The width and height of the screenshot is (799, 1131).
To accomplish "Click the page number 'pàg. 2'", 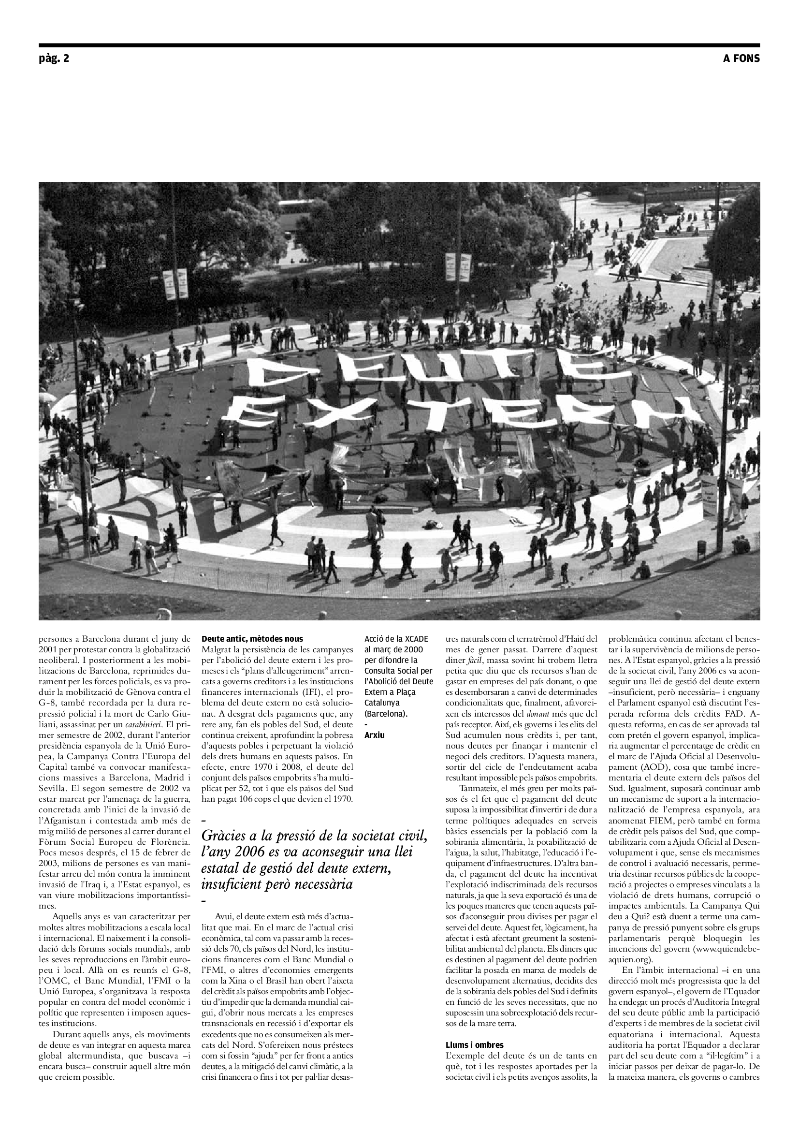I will click(54, 59).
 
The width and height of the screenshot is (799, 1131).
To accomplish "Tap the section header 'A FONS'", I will click(741, 59).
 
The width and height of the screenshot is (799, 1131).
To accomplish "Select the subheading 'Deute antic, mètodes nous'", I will click(252, 639).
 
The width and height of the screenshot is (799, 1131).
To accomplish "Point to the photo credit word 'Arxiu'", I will click(375, 735).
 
